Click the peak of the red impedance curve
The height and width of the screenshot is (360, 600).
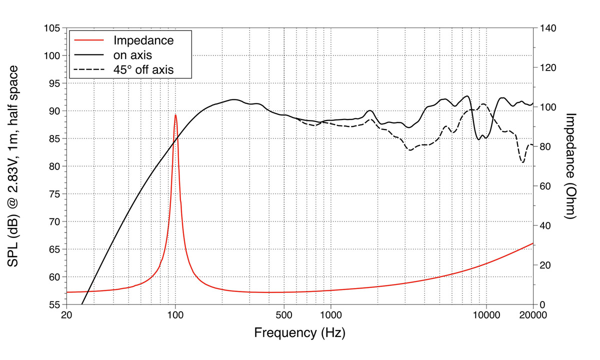coord(175,115)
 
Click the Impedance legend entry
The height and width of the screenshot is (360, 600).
coord(143,40)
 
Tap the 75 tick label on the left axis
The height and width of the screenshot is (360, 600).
coord(52,194)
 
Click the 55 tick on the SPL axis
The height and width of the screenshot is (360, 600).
coord(52,304)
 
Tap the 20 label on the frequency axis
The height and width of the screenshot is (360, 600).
coord(66,315)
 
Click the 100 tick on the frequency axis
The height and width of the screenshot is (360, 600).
coord(175,315)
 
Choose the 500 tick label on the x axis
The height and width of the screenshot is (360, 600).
coord(283,315)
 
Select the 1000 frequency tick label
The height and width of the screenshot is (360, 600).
coord(330,315)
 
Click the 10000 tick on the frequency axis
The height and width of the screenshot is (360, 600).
coord(486,315)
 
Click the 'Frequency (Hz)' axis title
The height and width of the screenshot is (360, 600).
coord(299,333)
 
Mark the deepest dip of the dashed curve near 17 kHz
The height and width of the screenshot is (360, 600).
coord(523,162)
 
